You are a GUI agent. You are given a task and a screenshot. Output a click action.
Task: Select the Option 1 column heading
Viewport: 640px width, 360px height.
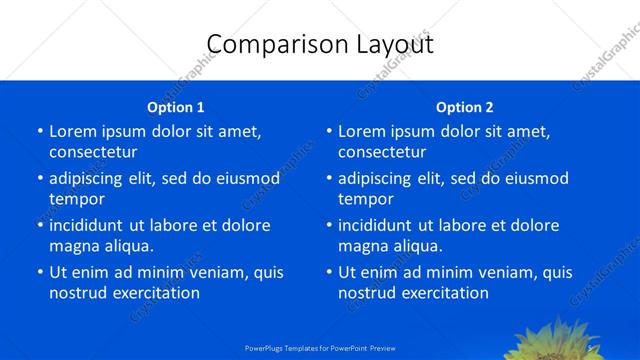(x=176, y=107)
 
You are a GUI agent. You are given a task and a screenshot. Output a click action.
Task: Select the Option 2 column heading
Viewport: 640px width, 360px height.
(x=465, y=107)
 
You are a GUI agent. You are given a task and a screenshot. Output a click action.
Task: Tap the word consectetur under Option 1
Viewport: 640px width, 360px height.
(x=93, y=152)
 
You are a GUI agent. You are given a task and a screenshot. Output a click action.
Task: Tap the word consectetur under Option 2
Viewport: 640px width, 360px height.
(x=382, y=152)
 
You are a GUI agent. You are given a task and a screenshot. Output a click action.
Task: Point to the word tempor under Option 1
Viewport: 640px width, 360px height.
(x=77, y=199)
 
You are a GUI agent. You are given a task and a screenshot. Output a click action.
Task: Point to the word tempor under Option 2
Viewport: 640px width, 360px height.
(x=366, y=199)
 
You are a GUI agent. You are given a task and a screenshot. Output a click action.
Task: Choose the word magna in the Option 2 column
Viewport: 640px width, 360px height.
(x=361, y=245)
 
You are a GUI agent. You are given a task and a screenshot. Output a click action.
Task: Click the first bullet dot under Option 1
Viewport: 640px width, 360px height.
(x=39, y=131)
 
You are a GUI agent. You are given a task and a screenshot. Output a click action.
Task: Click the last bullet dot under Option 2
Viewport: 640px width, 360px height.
(x=328, y=272)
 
